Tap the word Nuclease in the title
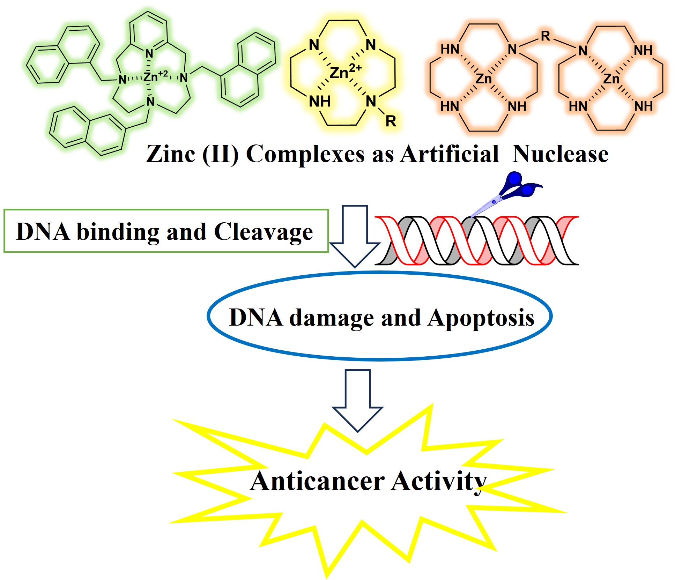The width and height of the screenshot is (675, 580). tap(561, 154)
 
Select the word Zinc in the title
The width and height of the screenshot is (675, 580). tap(170, 154)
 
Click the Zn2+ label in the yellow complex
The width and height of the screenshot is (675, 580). tap(345, 72)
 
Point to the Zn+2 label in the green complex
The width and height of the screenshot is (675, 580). tap(155, 76)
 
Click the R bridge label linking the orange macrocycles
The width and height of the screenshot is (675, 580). tap(546, 36)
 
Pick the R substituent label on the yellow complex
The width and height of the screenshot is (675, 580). tap(391, 121)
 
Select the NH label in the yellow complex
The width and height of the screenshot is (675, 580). tap(319, 102)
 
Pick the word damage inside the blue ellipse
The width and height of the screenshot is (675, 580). tap(332, 318)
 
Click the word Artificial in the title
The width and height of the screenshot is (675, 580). tap(450, 154)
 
